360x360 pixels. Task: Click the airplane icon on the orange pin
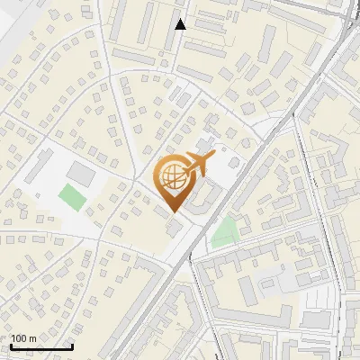pyautogui.click(x=196, y=166)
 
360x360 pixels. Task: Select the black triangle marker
pyautogui.click(x=181, y=24)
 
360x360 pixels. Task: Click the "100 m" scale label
pyautogui.click(x=23, y=338)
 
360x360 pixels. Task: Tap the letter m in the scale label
pyautogui.click(x=32, y=338)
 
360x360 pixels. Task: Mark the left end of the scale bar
pyautogui.click(x=11, y=346)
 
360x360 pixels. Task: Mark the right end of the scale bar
pyautogui.click(x=72, y=346)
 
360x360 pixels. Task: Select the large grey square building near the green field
pyautogui.click(x=80, y=170)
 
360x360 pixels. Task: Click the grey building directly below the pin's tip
pyautogui.click(x=174, y=229)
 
